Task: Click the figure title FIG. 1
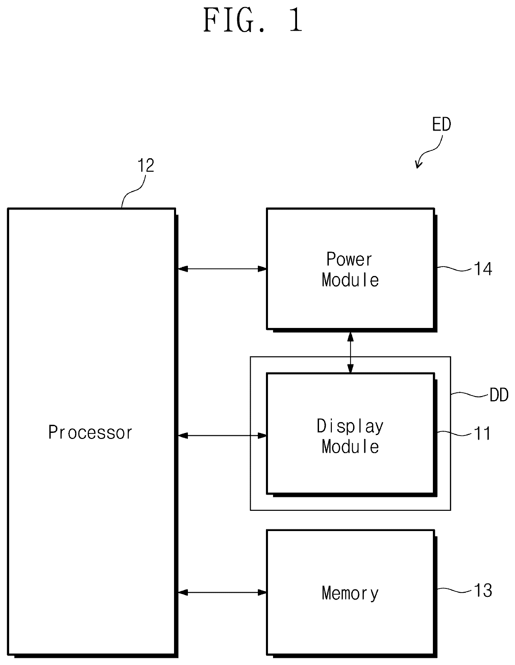pyautogui.click(x=253, y=21)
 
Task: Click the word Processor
pyautogui.click(x=91, y=433)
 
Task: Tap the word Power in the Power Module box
pyautogui.click(x=349, y=259)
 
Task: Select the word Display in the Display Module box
pyautogui.click(x=350, y=426)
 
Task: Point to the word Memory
pyautogui.click(x=350, y=593)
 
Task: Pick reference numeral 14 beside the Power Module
pyautogui.click(x=483, y=269)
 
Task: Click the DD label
pyautogui.click(x=499, y=395)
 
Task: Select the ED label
pyautogui.click(x=442, y=125)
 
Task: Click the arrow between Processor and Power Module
pyautogui.click(x=222, y=269)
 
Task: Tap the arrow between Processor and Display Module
pyautogui.click(x=222, y=436)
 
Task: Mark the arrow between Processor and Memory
pyautogui.click(x=222, y=592)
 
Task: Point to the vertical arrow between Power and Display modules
pyautogui.click(x=350, y=353)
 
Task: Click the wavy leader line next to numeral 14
pyautogui.click(x=455, y=269)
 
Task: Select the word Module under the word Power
pyautogui.click(x=350, y=280)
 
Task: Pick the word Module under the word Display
pyautogui.click(x=350, y=446)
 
